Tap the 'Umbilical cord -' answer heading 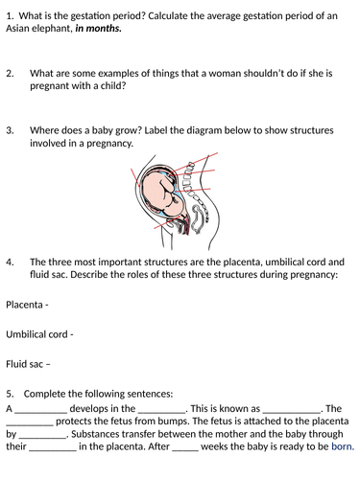39,334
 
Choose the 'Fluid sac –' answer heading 28,363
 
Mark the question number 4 10,261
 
